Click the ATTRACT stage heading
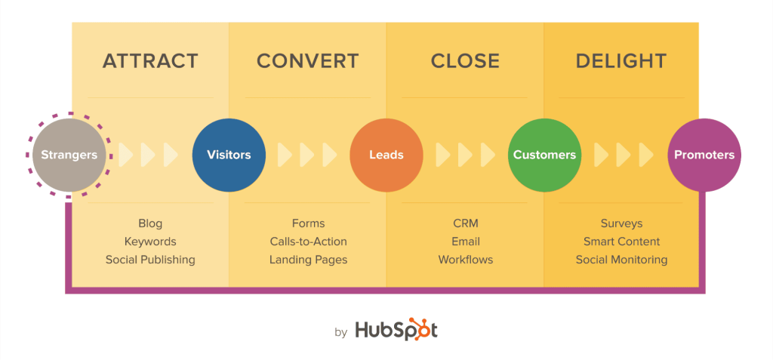[150, 61]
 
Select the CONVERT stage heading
[308, 61]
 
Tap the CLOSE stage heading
[465, 61]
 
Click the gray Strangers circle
[69, 155]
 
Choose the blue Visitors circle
[229, 155]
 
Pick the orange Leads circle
[386, 155]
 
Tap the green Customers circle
[544, 155]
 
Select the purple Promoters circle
[704, 155]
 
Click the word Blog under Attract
[150, 223]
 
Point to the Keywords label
[150, 242]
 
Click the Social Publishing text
[150, 260]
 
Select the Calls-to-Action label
[308, 242]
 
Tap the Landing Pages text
[308, 260]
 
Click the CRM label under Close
[465, 223]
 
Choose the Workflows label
[465, 260]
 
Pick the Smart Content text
[621, 242]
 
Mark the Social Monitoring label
[621, 260]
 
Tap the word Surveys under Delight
[621, 223]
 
